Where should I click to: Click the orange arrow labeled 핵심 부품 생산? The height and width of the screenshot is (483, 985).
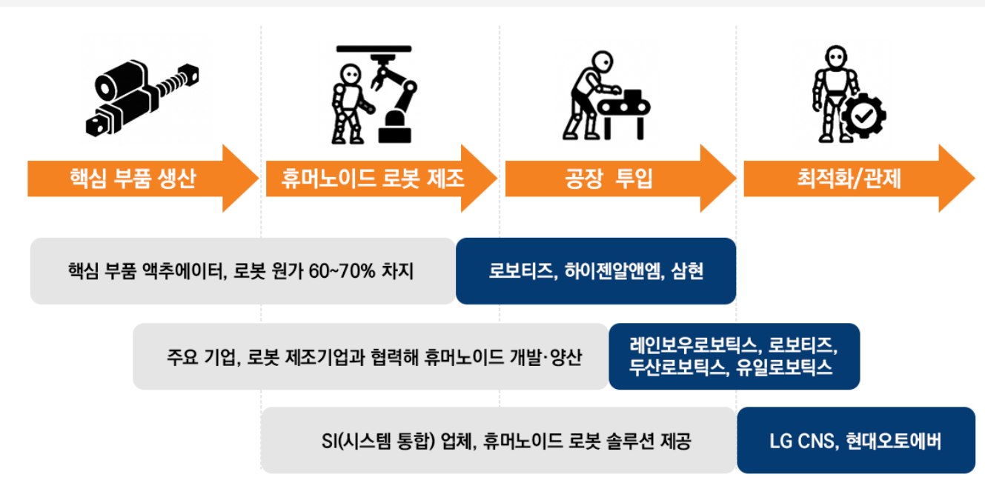pyautogui.click(x=133, y=179)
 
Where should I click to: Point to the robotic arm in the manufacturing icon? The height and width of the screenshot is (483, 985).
pyautogui.click(x=396, y=96)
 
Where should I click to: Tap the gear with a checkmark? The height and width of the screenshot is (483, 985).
pyautogui.click(x=863, y=116)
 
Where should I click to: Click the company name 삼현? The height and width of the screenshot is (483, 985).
pyautogui.click(x=687, y=271)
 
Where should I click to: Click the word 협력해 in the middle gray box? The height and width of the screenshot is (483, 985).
pyautogui.click(x=397, y=357)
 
